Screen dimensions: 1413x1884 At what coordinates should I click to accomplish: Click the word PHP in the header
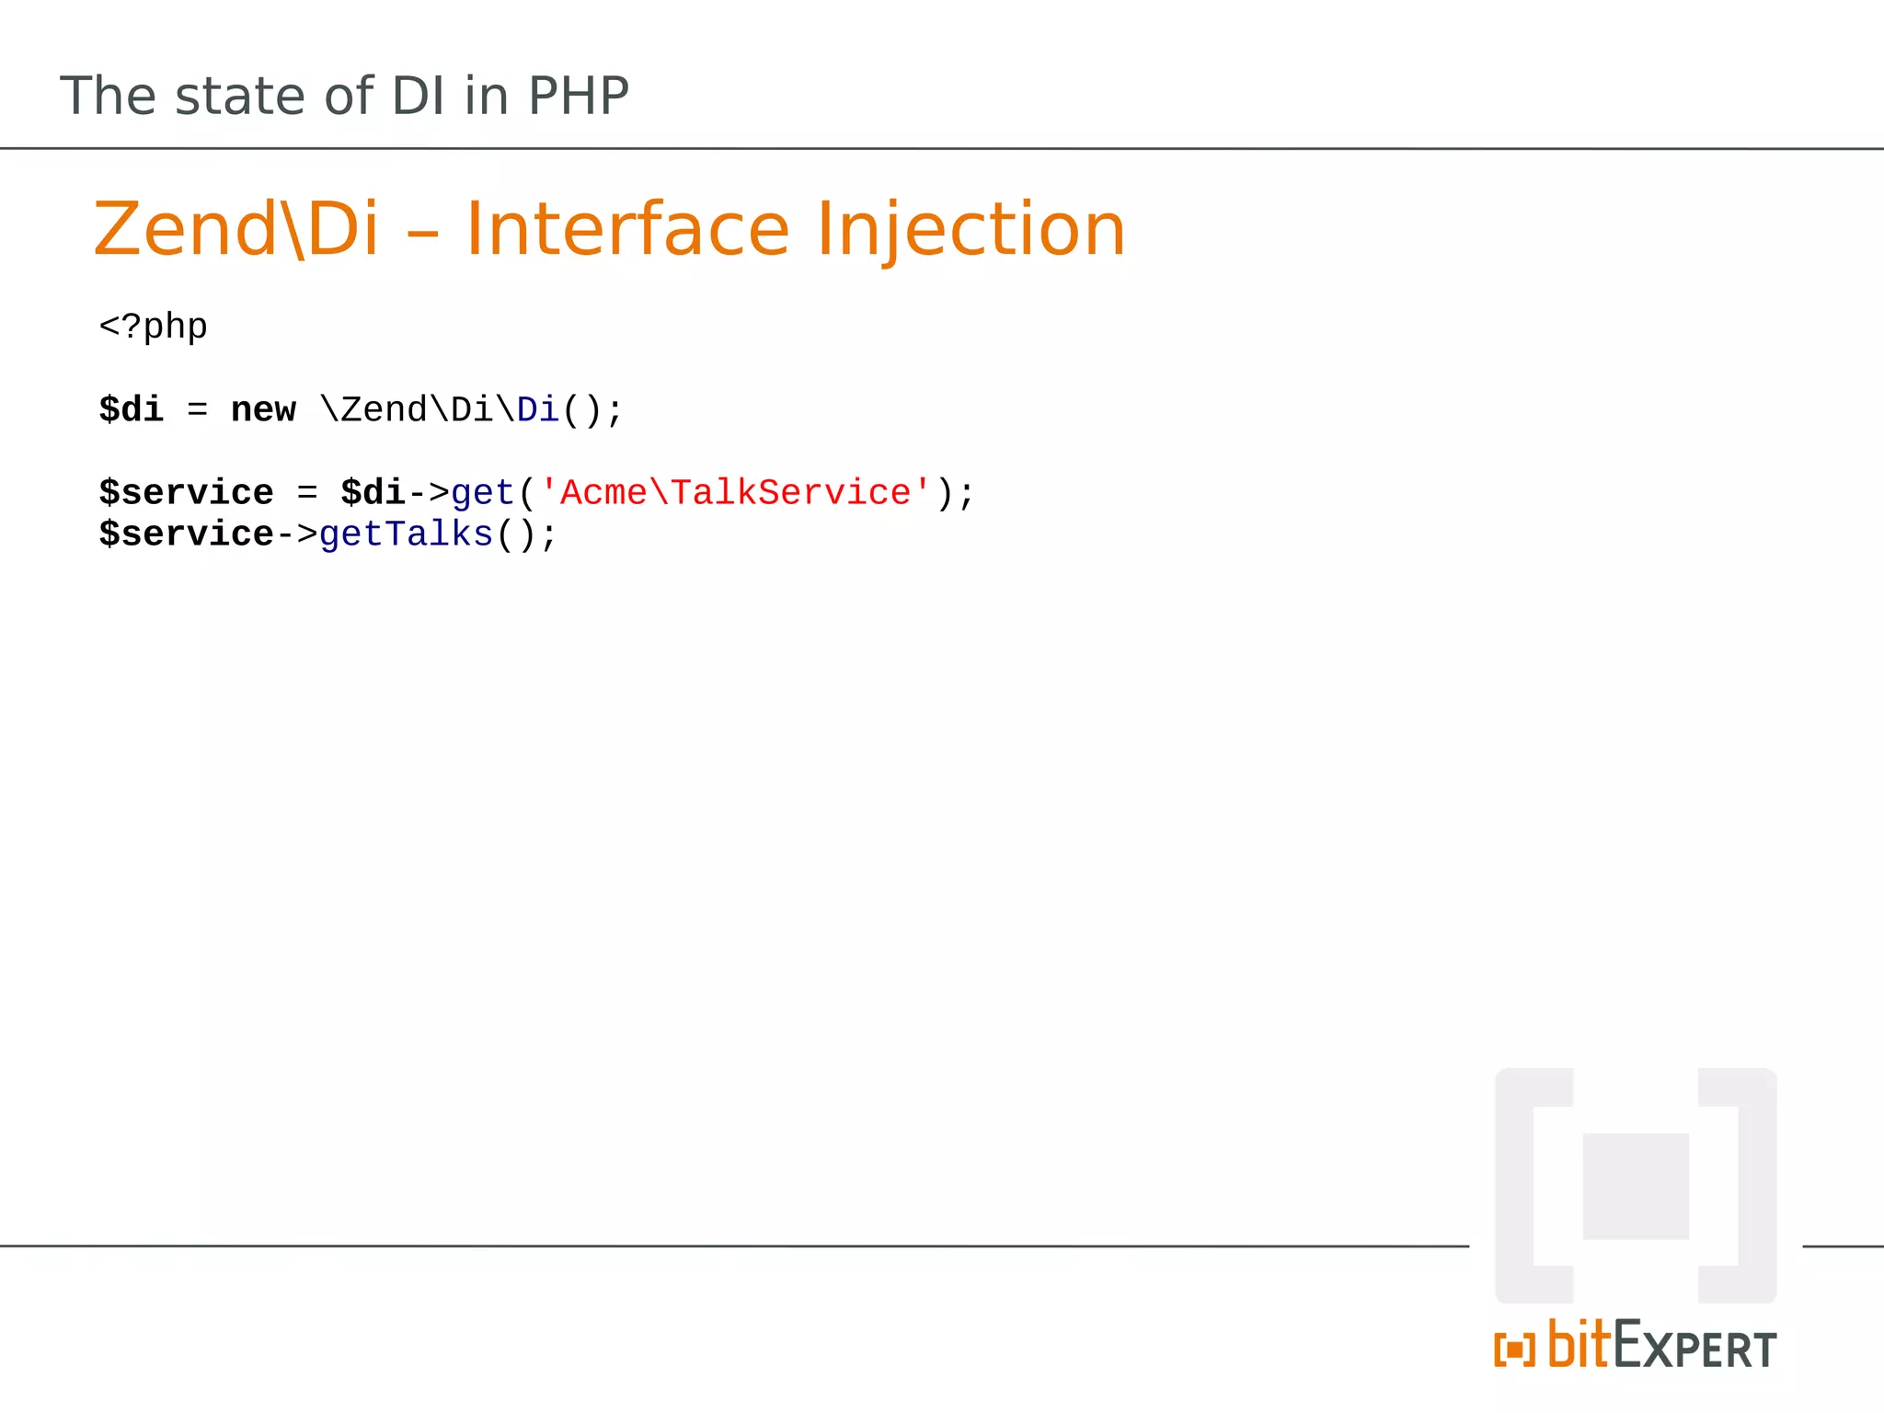(x=578, y=96)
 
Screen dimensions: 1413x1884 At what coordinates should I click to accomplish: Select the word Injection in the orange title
(x=970, y=230)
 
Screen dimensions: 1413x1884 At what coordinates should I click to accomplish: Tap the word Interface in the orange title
(x=626, y=230)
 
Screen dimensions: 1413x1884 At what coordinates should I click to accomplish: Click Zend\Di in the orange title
(x=236, y=230)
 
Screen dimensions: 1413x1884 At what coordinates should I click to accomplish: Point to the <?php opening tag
(x=153, y=327)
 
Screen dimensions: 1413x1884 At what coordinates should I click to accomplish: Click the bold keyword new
(x=263, y=410)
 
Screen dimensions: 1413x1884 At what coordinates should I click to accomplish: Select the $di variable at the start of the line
(x=131, y=410)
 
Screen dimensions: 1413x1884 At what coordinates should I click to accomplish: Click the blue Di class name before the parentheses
(x=537, y=410)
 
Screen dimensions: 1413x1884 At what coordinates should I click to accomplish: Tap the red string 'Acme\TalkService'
(x=734, y=493)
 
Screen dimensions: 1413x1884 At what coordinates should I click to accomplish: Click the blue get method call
(x=482, y=494)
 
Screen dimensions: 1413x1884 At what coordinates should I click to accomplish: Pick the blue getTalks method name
(x=406, y=534)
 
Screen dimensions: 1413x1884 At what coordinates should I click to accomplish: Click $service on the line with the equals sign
(x=186, y=493)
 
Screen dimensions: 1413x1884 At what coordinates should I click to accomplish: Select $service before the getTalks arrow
(x=186, y=534)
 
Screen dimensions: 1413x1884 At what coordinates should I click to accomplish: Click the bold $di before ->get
(x=373, y=493)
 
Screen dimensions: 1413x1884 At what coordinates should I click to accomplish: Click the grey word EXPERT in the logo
(x=1694, y=1347)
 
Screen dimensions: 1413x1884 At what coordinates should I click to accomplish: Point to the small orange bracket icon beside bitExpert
(x=1514, y=1350)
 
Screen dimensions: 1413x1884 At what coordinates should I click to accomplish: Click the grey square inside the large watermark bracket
(x=1635, y=1186)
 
